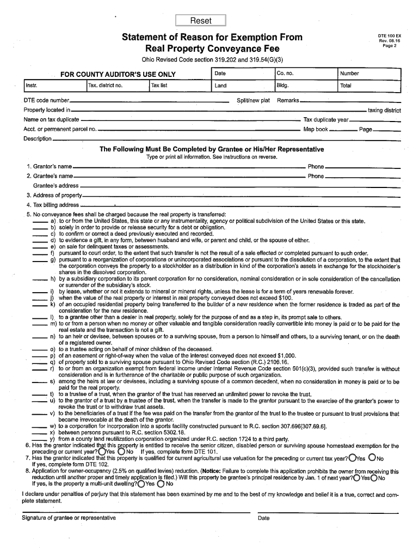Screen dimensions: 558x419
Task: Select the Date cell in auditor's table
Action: pos(243,74)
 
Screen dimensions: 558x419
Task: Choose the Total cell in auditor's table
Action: pos(369,86)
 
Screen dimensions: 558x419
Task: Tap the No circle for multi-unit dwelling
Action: pos(161,483)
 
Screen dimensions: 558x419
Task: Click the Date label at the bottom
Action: pos(264,518)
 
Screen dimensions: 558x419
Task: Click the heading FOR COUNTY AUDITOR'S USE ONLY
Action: pos(118,74)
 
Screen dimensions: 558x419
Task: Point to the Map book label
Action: pos(316,130)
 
